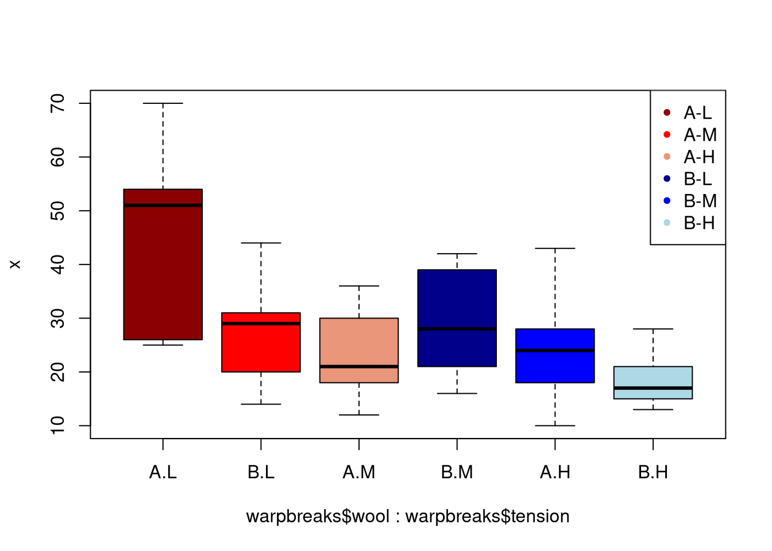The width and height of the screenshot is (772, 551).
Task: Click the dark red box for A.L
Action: pyautogui.click(x=163, y=264)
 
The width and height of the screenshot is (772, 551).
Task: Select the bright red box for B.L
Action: pyautogui.click(x=261, y=347)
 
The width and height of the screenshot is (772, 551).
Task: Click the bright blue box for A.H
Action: pyautogui.click(x=555, y=367)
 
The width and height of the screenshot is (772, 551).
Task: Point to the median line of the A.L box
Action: pyautogui.click(x=163, y=205)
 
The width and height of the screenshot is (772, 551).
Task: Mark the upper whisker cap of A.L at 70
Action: pyautogui.click(x=163, y=103)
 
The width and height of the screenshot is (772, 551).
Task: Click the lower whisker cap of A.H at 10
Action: pyautogui.click(x=555, y=425)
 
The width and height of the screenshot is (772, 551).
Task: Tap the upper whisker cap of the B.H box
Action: pyautogui.click(x=653, y=329)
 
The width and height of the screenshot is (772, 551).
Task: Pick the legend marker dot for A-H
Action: pyautogui.click(x=667, y=157)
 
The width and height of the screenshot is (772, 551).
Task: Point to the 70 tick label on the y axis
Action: pyautogui.click(x=58, y=103)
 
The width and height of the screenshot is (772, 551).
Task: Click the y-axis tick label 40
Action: pyautogui.click(x=58, y=265)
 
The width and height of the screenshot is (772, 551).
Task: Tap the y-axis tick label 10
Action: pyautogui.click(x=58, y=425)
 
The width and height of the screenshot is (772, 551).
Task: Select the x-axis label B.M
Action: pyautogui.click(x=457, y=472)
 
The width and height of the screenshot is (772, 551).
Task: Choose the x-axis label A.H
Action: pyautogui.click(x=555, y=472)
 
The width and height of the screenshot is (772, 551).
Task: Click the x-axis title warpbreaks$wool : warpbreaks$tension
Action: pyautogui.click(x=408, y=517)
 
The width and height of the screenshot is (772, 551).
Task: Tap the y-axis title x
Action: pyautogui.click(x=16, y=264)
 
